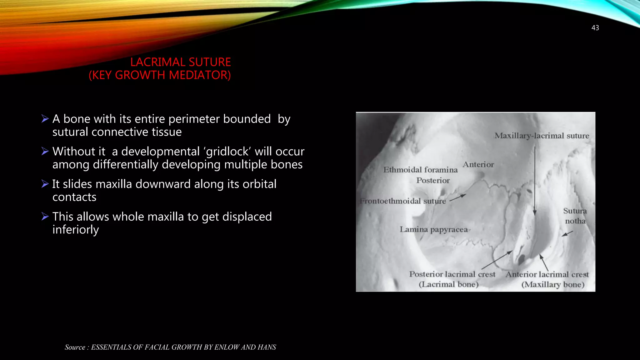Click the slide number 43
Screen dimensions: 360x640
595,28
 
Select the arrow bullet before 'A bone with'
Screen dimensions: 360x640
45,119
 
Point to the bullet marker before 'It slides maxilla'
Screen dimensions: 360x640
45,184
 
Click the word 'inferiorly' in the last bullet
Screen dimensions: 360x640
76,230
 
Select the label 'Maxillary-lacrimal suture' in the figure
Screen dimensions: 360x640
542,136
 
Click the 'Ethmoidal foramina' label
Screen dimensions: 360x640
420,170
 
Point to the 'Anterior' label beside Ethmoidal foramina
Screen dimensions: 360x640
478,164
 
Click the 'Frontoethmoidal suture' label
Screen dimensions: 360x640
403,201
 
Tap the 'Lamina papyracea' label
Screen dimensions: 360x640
434,229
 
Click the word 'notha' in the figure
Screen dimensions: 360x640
575,221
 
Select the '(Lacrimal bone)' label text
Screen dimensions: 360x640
448,284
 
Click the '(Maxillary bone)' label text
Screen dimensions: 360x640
552,285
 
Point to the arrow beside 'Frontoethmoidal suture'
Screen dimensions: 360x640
458,197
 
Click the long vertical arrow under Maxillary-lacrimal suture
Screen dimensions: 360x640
535,181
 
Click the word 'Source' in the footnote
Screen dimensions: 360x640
75,347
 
